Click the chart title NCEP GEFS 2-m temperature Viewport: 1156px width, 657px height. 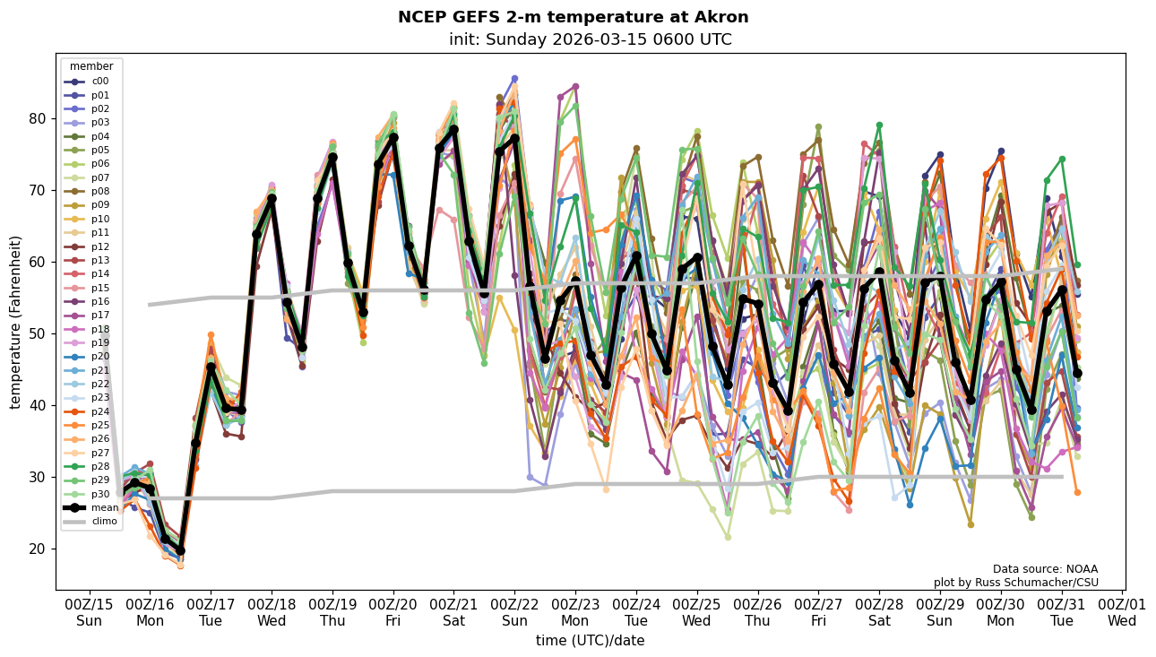coord(573,17)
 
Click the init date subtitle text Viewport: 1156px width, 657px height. coord(590,39)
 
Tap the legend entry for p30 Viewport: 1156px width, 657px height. coord(99,494)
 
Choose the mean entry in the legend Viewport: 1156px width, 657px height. coord(104,507)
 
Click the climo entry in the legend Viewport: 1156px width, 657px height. coord(104,521)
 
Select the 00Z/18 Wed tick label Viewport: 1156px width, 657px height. coord(272,612)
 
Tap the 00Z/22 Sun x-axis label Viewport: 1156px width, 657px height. coord(514,612)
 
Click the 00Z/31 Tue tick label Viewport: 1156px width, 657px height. coord(1061,612)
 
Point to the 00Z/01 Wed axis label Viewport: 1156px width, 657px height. coord(1122,612)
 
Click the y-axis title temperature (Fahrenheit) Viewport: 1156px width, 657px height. coord(16,322)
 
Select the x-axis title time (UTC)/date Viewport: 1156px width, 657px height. coord(590,641)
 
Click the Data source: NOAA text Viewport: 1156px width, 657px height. coord(1045,569)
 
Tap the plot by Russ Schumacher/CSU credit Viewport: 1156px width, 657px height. coord(1015,583)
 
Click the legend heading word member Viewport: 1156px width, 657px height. coord(91,66)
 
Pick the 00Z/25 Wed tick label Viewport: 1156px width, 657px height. coord(696,612)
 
